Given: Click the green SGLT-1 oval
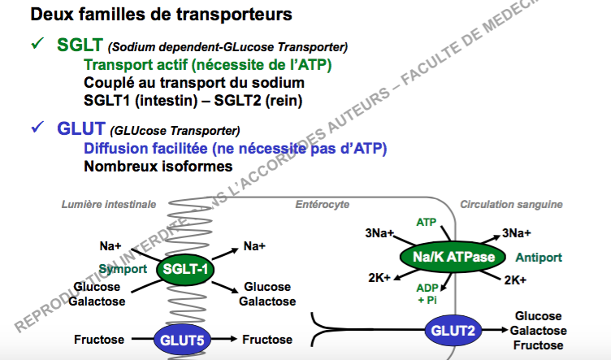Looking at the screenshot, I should click(187, 269).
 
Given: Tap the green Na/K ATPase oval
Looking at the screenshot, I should click(448, 258).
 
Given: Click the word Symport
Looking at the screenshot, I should click(123, 268).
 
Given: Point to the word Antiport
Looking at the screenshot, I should click(539, 258).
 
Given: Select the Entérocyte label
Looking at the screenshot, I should click(321, 204).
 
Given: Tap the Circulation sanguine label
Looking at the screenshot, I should click(512, 204).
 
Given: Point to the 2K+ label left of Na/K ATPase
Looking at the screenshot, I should click(379, 276).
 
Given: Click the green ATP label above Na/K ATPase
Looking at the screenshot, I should click(426, 222).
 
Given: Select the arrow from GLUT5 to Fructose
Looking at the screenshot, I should click(229, 338).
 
